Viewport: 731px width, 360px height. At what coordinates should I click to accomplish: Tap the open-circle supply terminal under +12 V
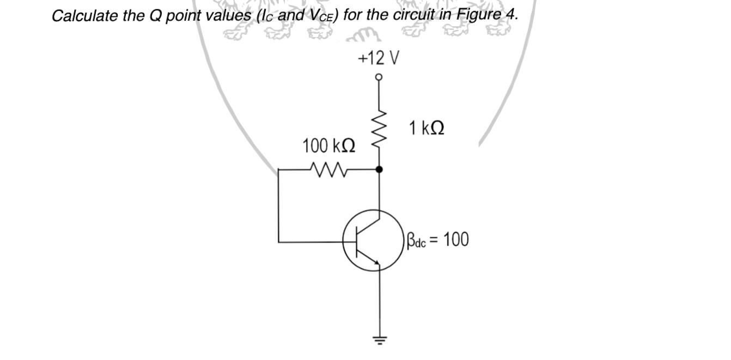point(379,77)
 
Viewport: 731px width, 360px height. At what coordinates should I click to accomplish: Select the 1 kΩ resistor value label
point(427,129)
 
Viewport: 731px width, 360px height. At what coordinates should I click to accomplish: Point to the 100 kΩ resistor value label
point(329,147)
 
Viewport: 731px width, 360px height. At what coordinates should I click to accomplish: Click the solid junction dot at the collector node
point(379,169)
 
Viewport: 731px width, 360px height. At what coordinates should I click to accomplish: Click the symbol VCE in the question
point(322,15)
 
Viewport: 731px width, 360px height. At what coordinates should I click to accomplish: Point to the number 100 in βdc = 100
point(456,240)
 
